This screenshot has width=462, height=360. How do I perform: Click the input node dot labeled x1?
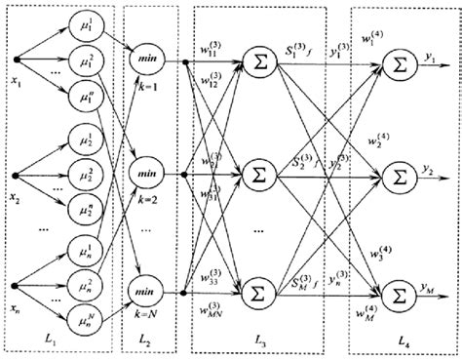(15, 61)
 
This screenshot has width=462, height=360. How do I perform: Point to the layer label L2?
(146, 345)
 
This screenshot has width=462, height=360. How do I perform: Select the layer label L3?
(259, 345)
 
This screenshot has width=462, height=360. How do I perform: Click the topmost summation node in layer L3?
(259, 62)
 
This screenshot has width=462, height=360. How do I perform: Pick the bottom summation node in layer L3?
(259, 294)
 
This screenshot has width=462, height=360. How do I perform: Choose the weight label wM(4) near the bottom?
(366, 315)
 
